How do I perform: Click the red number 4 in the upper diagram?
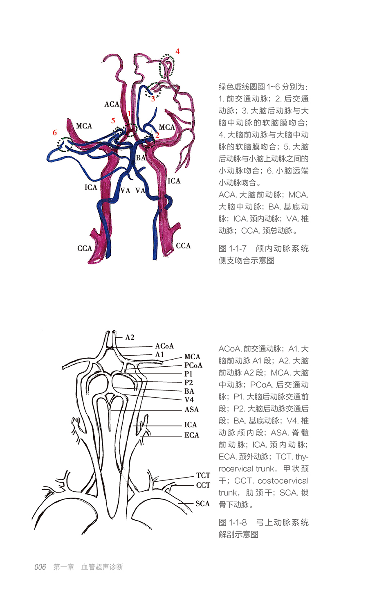pyautogui.click(x=177, y=51)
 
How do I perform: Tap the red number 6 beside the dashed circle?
pyautogui.click(x=55, y=133)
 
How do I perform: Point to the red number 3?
pyautogui.click(x=153, y=99)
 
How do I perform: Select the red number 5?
pyautogui.click(x=113, y=121)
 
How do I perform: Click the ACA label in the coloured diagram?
pyautogui.click(x=112, y=104)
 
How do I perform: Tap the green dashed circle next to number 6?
pyautogui.click(x=65, y=144)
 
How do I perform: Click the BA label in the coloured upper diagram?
pyautogui.click(x=141, y=158)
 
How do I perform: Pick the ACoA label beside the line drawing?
pyautogui.click(x=164, y=346)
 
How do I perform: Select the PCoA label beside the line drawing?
pyautogui.click(x=193, y=365)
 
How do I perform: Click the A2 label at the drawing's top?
pyautogui.click(x=130, y=338)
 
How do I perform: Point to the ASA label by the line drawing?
pyautogui.click(x=191, y=409)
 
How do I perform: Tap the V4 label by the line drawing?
pyautogui.click(x=189, y=400)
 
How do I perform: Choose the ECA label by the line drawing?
pyautogui.click(x=191, y=435)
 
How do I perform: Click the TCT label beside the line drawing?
pyautogui.click(x=203, y=476)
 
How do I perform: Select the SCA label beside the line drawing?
pyautogui.click(x=202, y=504)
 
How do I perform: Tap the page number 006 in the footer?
pyautogui.click(x=40, y=567)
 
